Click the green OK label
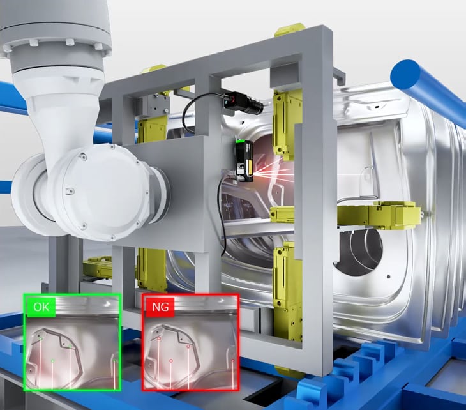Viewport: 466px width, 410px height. click(x=41, y=307)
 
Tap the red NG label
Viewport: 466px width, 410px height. click(x=160, y=307)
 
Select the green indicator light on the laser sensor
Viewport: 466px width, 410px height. click(x=243, y=141)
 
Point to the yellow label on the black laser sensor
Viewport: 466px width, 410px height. click(x=250, y=167)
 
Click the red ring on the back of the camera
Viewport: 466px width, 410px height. click(x=233, y=99)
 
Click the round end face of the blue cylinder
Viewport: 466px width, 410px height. click(x=405, y=75)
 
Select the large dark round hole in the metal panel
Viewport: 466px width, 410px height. click(x=359, y=253)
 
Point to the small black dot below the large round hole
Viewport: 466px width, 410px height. click(x=389, y=277)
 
